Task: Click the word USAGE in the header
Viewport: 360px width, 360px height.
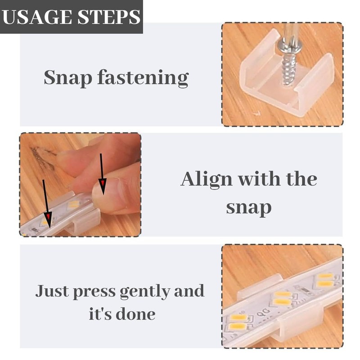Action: pyautogui.click(x=37, y=17)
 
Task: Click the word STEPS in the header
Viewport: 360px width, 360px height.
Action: pyautogui.click(x=109, y=17)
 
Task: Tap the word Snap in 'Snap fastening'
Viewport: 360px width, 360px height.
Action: pyautogui.click(x=68, y=78)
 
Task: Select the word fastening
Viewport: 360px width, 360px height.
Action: pyautogui.click(x=143, y=78)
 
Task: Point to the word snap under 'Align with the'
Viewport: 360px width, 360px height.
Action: pyautogui.click(x=249, y=207)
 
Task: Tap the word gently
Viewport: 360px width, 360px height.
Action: pyautogui.click(x=145, y=292)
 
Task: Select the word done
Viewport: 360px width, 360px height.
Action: pyautogui.click(x=135, y=314)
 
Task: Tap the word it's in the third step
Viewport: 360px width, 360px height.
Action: pyautogui.click(x=100, y=313)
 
